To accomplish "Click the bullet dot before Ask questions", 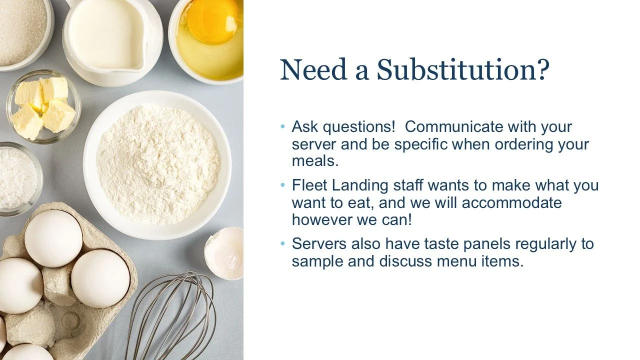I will pyautogui.click(x=283, y=126).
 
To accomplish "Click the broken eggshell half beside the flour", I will pyautogui.click(x=225, y=252).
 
